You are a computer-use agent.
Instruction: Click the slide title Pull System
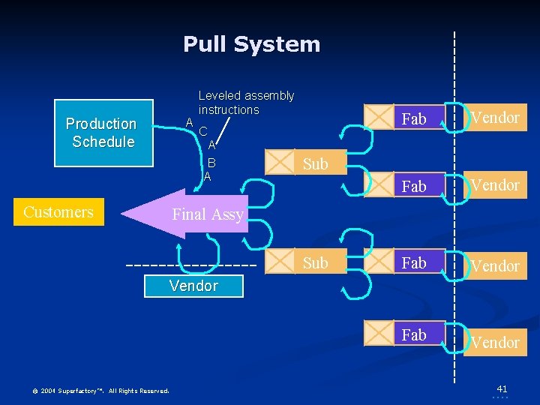click(252, 44)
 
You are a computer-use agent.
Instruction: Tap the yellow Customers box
click(58, 212)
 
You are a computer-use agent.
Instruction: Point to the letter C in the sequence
click(203, 131)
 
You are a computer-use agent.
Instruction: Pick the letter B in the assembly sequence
click(212, 163)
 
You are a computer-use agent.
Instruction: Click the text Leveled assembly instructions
click(246, 103)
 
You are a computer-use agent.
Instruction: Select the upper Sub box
click(306, 163)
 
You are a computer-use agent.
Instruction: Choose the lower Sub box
click(306, 262)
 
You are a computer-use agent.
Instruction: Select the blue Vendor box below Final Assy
click(194, 286)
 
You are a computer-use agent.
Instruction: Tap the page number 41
click(502, 388)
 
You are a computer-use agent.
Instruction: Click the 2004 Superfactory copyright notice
click(100, 391)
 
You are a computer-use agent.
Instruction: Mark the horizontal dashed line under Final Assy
click(192, 265)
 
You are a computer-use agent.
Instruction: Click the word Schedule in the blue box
click(103, 142)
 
